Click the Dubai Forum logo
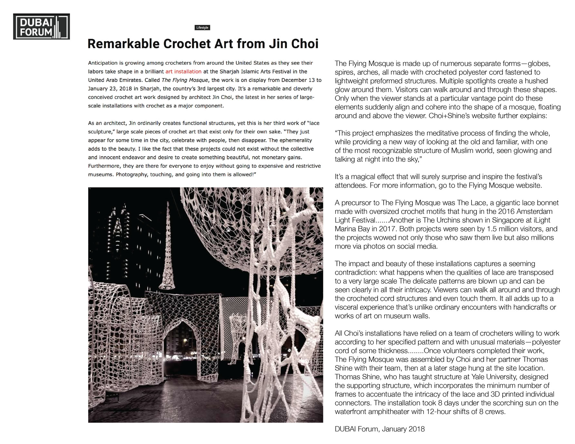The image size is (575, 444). pos(41,26)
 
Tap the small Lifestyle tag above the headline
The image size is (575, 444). pos(202,28)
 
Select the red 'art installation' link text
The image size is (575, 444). pos(183,72)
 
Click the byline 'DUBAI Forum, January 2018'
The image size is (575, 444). pos(380,429)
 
